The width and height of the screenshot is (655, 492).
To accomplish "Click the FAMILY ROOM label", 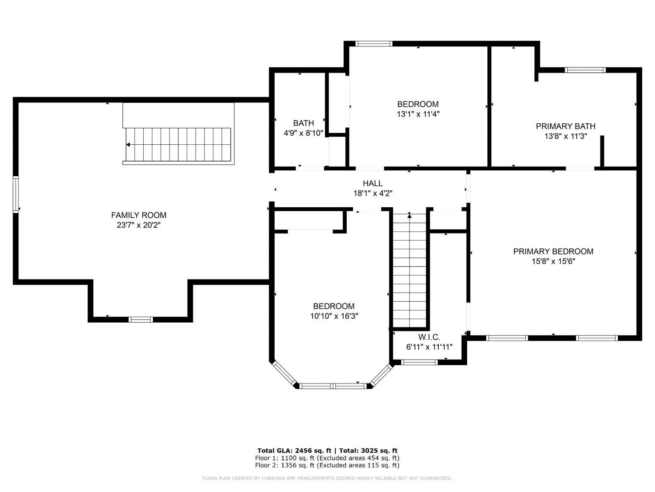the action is point(139,215).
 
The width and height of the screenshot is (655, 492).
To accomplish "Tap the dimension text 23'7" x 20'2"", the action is point(139,225).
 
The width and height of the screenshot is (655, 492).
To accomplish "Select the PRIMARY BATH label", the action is point(565,126).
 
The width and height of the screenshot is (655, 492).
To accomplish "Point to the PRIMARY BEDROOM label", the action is point(553,251).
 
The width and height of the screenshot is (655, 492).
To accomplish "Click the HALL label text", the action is point(373,183).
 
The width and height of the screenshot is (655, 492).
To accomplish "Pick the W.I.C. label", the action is point(429,337).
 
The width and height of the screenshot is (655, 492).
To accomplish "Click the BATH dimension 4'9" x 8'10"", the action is point(303,133).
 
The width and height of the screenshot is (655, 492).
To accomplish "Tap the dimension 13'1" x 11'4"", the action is point(418,114).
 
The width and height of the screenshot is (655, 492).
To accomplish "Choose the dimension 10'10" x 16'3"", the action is point(334,316).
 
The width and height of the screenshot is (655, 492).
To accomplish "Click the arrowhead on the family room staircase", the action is point(128,145).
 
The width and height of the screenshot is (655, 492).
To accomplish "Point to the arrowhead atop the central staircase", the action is point(410,215).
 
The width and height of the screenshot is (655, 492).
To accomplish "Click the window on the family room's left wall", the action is point(16,195).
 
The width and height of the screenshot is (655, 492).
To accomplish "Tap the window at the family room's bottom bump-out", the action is point(141,320).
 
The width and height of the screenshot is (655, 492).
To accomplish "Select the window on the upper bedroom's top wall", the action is point(374,44).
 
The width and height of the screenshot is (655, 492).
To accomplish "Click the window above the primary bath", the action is point(585,70).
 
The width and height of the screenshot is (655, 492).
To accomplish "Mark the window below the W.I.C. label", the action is point(419,363).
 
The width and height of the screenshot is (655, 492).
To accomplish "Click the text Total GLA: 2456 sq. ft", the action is point(294,450).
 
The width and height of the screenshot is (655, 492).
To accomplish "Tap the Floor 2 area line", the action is point(327,465).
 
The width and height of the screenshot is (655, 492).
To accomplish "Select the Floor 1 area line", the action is point(327,458).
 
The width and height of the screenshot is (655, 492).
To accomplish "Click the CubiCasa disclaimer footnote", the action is point(327,478).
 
